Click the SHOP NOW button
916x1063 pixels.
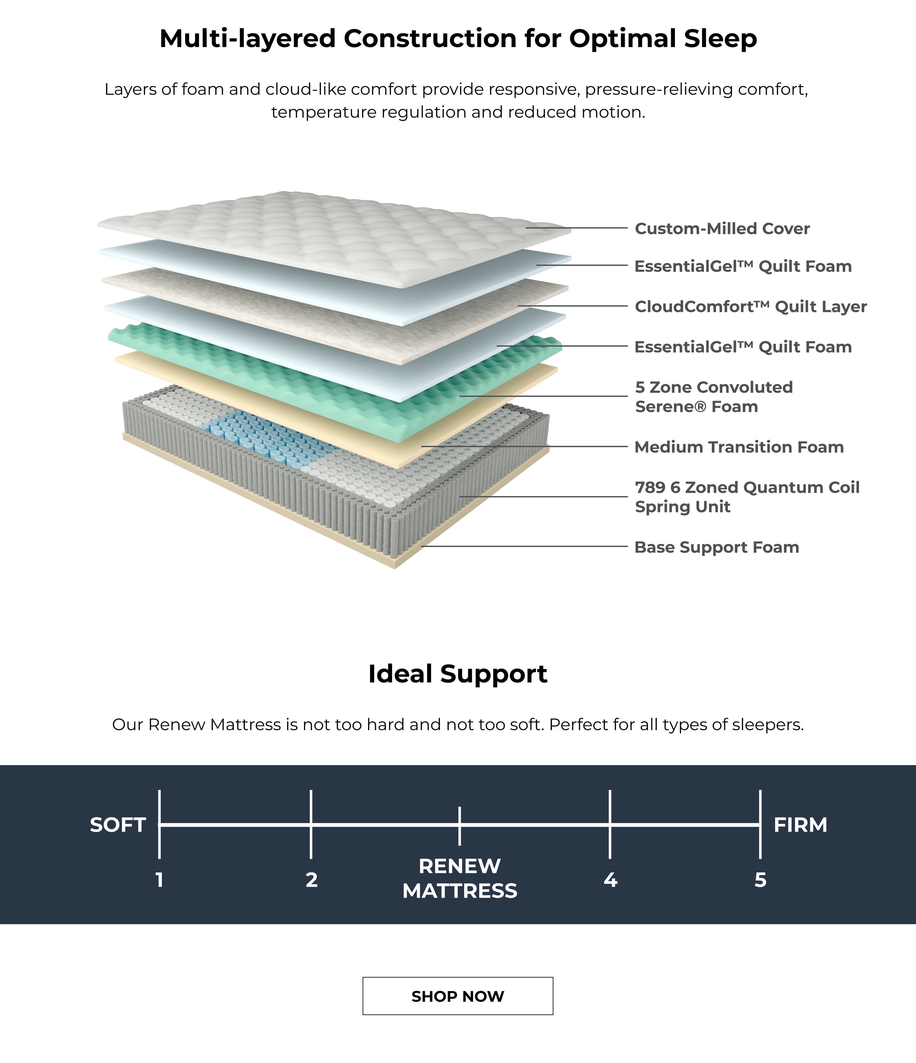[458, 996]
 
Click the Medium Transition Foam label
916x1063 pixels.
[739, 447]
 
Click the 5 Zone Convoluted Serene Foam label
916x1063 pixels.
[713, 397]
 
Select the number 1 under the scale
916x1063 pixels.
[160, 880]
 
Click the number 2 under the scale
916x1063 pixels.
[312, 880]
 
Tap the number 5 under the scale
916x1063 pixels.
[760, 880]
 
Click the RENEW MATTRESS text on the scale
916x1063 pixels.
[459, 878]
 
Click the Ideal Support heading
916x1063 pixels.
[458, 674]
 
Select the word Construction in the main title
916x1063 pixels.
[430, 38]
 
